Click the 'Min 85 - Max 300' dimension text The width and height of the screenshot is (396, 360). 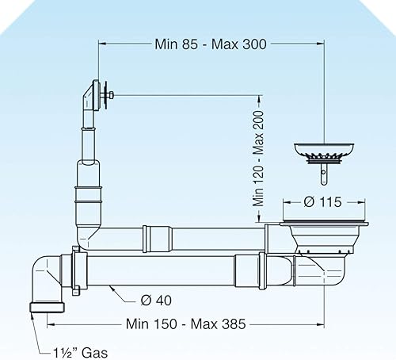click(x=211, y=44)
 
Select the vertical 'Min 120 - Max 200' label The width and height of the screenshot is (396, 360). click(x=258, y=159)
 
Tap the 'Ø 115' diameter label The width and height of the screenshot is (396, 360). click(x=322, y=202)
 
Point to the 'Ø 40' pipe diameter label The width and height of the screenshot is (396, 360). click(x=156, y=301)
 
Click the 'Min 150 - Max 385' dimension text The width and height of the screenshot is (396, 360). click(x=186, y=324)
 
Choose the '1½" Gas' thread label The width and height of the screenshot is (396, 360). click(x=80, y=353)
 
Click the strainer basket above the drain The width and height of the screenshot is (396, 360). click(x=324, y=153)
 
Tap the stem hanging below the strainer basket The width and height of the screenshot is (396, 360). click(x=324, y=174)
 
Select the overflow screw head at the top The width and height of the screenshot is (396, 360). click(x=112, y=95)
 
